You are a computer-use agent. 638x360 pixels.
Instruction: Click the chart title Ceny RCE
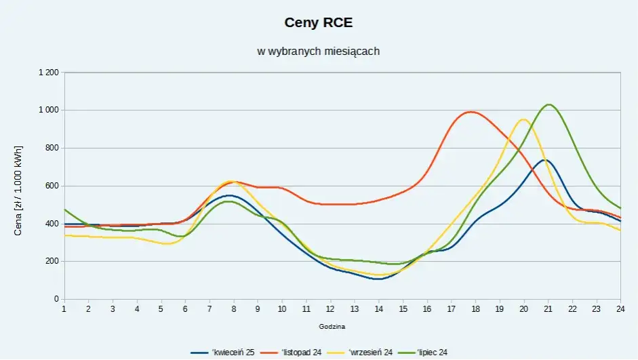pyautogui.click(x=319, y=23)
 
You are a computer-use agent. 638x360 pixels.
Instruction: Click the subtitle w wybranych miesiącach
pyautogui.click(x=319, y=51)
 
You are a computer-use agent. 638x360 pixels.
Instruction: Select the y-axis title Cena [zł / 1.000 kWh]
pyautogui.click(x=18, y=190)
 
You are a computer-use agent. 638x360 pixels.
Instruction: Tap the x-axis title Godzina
pyautogui.click(x=332, y=326)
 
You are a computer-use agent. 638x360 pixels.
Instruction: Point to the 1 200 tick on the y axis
pyautogui.click(x=48, y=72)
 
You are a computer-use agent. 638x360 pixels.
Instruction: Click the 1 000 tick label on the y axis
pyautogui.click(x=48, y=110)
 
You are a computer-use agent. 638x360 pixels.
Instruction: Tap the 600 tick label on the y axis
pyautogui.click(x=52, y=186)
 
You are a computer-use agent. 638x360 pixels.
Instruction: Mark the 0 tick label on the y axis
pyautogui.click(x=57, y=299)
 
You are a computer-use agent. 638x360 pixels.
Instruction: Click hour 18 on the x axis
pyautogui.click(x=475, y=308)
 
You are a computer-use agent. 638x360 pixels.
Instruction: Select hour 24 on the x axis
pyautogui.click(x=620, y=308)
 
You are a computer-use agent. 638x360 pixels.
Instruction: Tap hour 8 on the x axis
pyautogui.click(x=233, y=308)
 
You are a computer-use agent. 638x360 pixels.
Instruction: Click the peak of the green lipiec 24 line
pyautogui.click(x=549, y=104)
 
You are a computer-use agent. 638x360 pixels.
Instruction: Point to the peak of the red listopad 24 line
pyautogui.click(x=471, y=112)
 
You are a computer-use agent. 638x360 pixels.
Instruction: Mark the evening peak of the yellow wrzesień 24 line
pyautogui.click(x=523, y=119)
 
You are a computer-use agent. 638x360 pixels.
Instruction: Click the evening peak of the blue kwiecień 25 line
pyautogui.click(x=544, y=160)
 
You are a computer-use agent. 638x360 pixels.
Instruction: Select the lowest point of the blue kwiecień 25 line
pyautogui.click(x=378, y=279)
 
